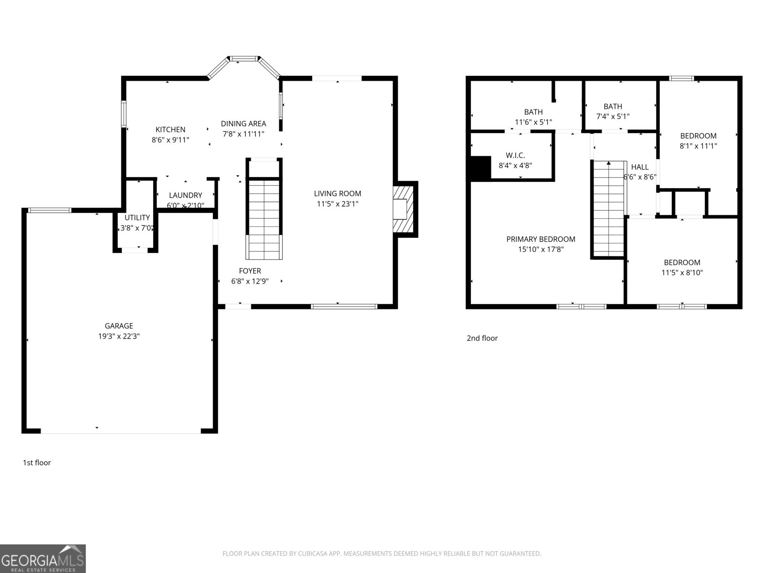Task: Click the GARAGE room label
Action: pyautogui.click(x=119, y=326)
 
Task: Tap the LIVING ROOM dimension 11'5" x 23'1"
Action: pyautogui.click(x=338, y=204)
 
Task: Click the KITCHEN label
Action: pyautogui.click(x=170, y=129)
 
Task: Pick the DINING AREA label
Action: pyautogui.click(x=243, y=124)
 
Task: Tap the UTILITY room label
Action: pyautogui.click(x=137, y=218)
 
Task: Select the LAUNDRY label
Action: pyautogui.click(x=185, y=195)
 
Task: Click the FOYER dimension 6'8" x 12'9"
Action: pyautogui.click(x=250, y=281)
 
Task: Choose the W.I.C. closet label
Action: pyautogui.click(x=515, y=155)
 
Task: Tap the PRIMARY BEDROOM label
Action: pyautogui.click(x=541, y=239)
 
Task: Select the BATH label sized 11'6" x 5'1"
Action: pyautogui.click(x=533, y=112)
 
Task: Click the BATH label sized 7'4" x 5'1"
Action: pyautogui.click(x=613, y=106)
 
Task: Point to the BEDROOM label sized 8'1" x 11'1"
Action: pyautogui.click(x=698, y=136)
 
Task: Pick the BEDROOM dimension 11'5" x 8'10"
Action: pyautogui.click(x=682, y=273)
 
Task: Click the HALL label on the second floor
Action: pyautogui.click(x=640, y=167)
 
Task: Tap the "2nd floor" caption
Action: pyautogui.click(x=482, y=338)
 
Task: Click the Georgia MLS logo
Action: pyautogui.click(x=43, y=558)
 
